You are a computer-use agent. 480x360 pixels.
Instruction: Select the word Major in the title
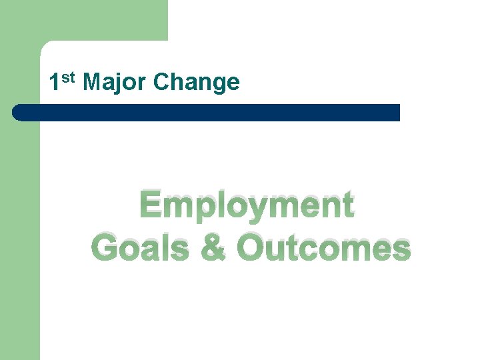pyautogui.click(x=115, y=83)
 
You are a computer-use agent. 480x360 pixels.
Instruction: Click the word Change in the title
pyautogui.click(x=196, y=83)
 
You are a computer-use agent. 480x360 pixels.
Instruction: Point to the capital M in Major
pyautogui.click(x=95, y=83)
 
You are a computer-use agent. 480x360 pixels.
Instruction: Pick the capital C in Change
pyautogui.click(x=161, y=83)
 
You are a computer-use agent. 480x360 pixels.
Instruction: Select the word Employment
pyautogui.click(x=247, y=205)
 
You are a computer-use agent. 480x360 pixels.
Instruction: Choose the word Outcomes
pyautogui.click(x=324, y=248)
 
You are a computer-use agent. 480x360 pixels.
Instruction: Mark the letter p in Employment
pyautogui.click(x=201, y=208)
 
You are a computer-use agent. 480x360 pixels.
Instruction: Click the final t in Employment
pyautogui.click(x=347, y=205)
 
